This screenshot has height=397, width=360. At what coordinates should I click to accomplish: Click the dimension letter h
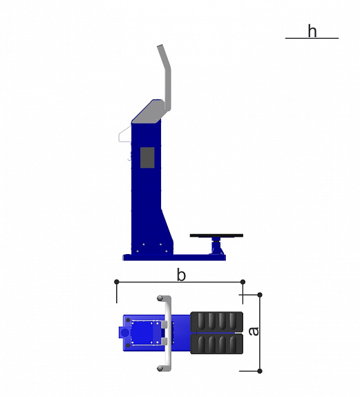[x=312, y=31]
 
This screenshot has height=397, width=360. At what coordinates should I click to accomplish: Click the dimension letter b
[x=181, y=275]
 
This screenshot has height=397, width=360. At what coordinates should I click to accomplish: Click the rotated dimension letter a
[x=254, y=331]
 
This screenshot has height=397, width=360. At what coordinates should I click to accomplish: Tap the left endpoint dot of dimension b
[x=117, y=282]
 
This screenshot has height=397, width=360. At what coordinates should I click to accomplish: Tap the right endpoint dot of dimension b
[x=243, y=282]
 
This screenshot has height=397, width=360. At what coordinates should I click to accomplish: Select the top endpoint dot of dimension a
[x=260, y=295]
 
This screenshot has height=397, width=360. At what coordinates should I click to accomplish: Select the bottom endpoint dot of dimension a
[x=260, y=371]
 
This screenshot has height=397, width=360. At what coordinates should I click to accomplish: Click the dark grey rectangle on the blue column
[x=147, y=157]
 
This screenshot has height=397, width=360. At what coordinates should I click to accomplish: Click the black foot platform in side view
[x=216, y=235]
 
